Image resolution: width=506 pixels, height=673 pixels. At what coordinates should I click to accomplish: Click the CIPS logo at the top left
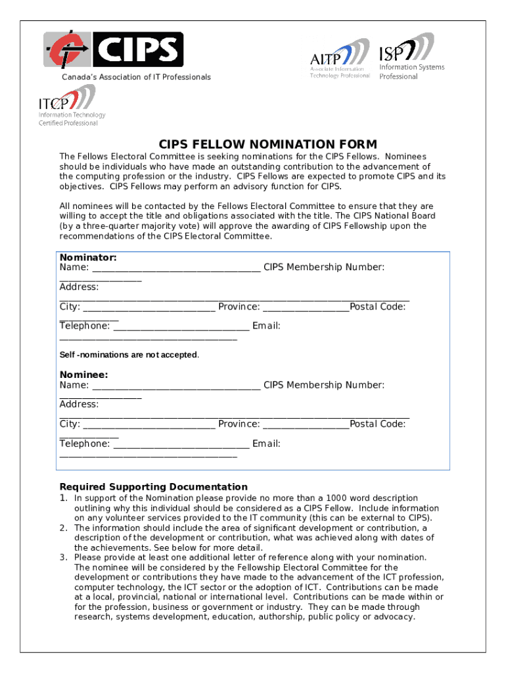tap(114, 50)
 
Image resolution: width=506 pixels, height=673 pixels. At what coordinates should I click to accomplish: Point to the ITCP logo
tap(68, 106)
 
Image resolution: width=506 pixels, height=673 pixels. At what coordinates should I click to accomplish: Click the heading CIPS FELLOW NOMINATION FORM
tap(268, 145)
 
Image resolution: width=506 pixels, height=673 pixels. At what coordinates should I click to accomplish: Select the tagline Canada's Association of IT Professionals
tap(136, 78)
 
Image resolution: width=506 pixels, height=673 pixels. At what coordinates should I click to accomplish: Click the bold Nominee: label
tap(84, 375)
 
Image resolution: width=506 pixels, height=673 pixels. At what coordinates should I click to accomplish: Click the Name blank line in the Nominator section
tap(175, 268)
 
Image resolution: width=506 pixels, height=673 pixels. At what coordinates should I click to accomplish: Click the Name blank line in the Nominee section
tap(175, 386)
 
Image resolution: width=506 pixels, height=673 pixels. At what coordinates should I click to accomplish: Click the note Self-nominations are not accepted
tap(129, 355)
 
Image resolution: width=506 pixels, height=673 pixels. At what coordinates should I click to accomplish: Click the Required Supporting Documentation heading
tap(154, 487)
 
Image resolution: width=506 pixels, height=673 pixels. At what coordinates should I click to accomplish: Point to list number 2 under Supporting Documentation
tap(64, 528)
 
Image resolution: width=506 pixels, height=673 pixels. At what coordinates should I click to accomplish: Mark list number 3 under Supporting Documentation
tap(64, 557)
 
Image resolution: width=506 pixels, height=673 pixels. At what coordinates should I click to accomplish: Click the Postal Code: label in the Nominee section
tap(378, 425)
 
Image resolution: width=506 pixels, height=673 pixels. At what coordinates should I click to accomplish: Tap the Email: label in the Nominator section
tap(266, 326)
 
